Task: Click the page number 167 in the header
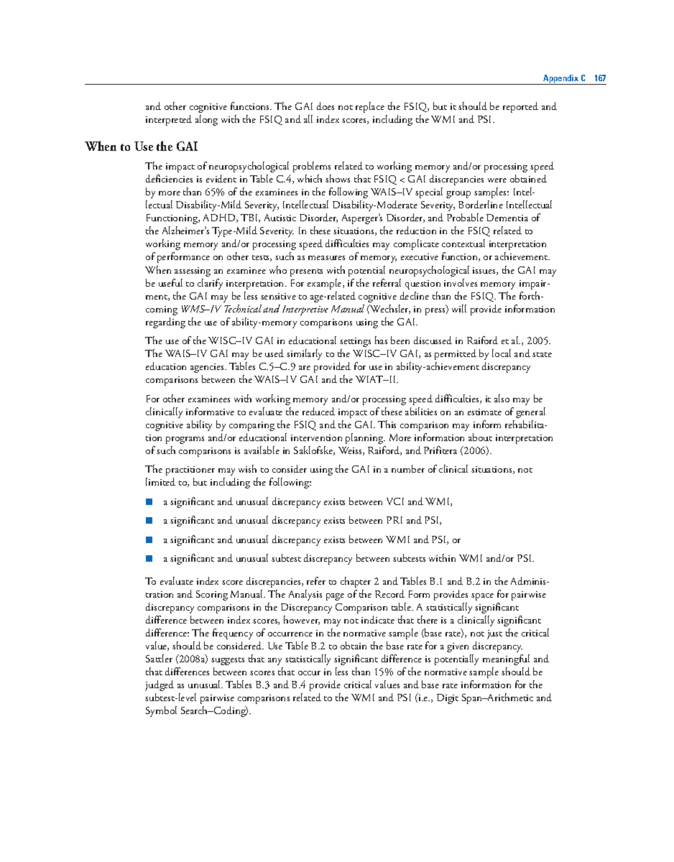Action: click(600, 78)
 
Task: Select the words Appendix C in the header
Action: click(564, 78)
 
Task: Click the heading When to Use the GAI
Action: click(141, 147)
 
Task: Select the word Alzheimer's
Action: click(184, 231)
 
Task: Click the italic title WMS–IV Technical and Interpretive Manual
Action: click(272, 309)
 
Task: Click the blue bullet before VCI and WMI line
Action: click(149, 501)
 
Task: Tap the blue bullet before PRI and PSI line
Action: click(149, 521)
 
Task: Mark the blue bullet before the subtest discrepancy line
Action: click(149, 558)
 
